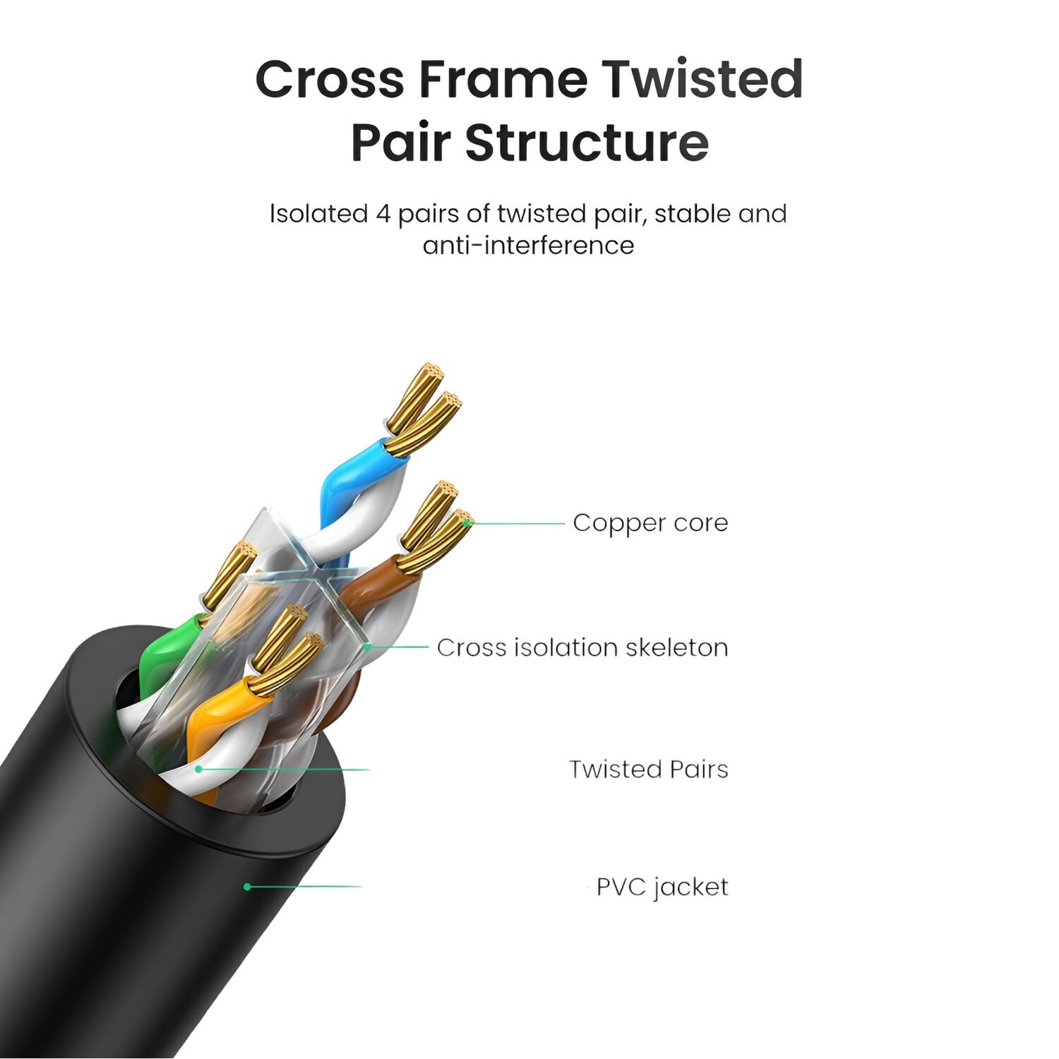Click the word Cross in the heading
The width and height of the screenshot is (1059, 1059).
click(x=329, y=78)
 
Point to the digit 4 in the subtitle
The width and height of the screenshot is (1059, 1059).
click(x=382, y=214)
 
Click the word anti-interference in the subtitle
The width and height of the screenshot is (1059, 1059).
click(x=528, y=246)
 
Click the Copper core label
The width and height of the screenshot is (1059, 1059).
click(x=650, y=523)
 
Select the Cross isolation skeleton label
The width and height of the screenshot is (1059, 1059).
click(x=582, y=647)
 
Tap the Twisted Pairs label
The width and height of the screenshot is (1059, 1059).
click(x=649, y=769)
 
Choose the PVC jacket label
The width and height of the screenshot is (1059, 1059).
click(x=662, y=887)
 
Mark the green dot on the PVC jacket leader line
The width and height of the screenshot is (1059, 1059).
click(x=247, y=887)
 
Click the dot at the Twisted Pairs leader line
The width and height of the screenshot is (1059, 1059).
click(x=200, y=769)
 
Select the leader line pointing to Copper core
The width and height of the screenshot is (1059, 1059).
click(x=517, y=523)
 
